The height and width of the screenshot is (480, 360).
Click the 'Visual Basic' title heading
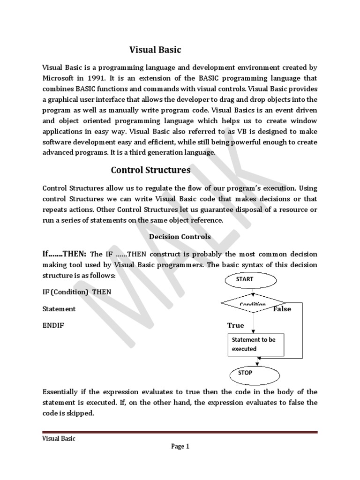155,49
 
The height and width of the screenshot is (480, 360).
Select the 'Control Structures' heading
150,170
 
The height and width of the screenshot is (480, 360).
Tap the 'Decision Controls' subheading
180,237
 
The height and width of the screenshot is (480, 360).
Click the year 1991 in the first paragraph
94,78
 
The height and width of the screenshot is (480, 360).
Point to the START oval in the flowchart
253,279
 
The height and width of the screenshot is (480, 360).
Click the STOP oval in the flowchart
253,373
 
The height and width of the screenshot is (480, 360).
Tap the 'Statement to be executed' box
253,344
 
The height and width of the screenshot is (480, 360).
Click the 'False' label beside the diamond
282,309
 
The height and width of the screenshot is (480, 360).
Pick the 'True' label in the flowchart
235,325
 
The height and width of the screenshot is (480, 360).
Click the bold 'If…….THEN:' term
64,254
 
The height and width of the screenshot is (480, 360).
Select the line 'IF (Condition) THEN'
77,292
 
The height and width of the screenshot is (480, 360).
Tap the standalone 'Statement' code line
59,309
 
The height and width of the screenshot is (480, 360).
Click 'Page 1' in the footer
180,447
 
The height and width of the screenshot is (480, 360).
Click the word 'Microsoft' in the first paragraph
59,78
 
